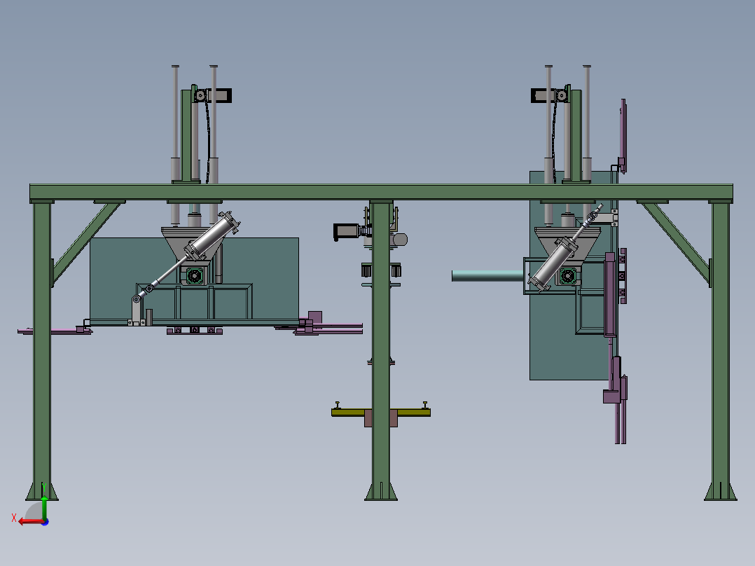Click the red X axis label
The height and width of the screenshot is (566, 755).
click(x=14, y=518)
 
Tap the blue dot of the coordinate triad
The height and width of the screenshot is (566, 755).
click(x=45, y=522)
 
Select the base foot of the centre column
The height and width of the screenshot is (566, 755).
click(x=381, y=491)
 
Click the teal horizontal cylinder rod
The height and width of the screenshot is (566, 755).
click(x=487, y=276)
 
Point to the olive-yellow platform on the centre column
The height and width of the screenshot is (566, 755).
click(x=381, y=413)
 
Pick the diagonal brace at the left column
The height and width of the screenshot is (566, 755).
click(x=85, y=242)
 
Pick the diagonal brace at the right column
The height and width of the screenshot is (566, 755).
click(x=676, y=242)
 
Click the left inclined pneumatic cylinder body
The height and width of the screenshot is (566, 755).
click(x=212, y=237)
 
